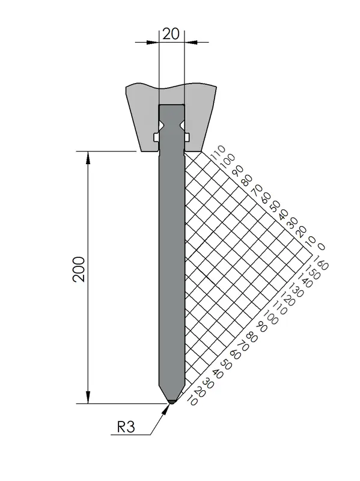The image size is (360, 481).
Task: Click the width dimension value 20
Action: point(171,34)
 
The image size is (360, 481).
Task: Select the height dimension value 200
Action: point(79,269)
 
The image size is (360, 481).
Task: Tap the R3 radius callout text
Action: point(126,427)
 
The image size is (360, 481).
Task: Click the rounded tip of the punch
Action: point(172,401)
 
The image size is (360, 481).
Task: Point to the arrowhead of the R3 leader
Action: point(166,410)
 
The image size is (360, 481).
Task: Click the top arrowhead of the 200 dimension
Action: point(88,158)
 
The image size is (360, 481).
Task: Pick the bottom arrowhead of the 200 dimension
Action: point(88,397)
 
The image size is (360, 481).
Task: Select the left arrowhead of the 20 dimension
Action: point(153,42)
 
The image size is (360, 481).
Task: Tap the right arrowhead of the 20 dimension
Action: point(191,42)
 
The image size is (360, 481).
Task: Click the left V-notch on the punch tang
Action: point(161,126)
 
